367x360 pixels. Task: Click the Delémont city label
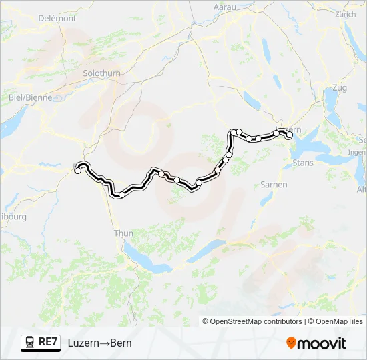58,18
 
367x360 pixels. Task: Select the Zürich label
345,13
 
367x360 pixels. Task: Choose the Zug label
339,87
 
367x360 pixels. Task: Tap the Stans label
303,162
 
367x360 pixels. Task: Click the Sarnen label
274,184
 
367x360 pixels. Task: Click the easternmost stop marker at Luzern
290,135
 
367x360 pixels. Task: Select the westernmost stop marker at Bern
78,171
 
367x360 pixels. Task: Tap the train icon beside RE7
30,343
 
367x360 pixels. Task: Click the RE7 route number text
48,343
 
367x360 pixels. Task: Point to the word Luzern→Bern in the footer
99,343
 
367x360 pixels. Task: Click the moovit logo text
322,343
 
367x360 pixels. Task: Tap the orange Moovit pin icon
292,343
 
